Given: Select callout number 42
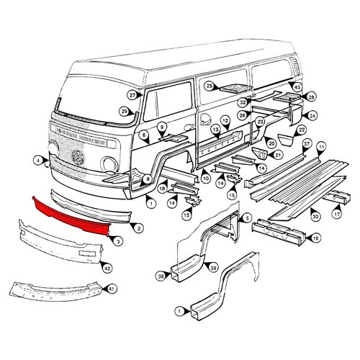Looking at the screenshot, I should point(107,268).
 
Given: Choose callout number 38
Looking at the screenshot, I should point(160,274).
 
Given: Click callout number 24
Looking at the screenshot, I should point(312,115).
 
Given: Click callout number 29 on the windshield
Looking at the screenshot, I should point(124,111).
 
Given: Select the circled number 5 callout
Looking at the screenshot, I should point(247,217).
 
